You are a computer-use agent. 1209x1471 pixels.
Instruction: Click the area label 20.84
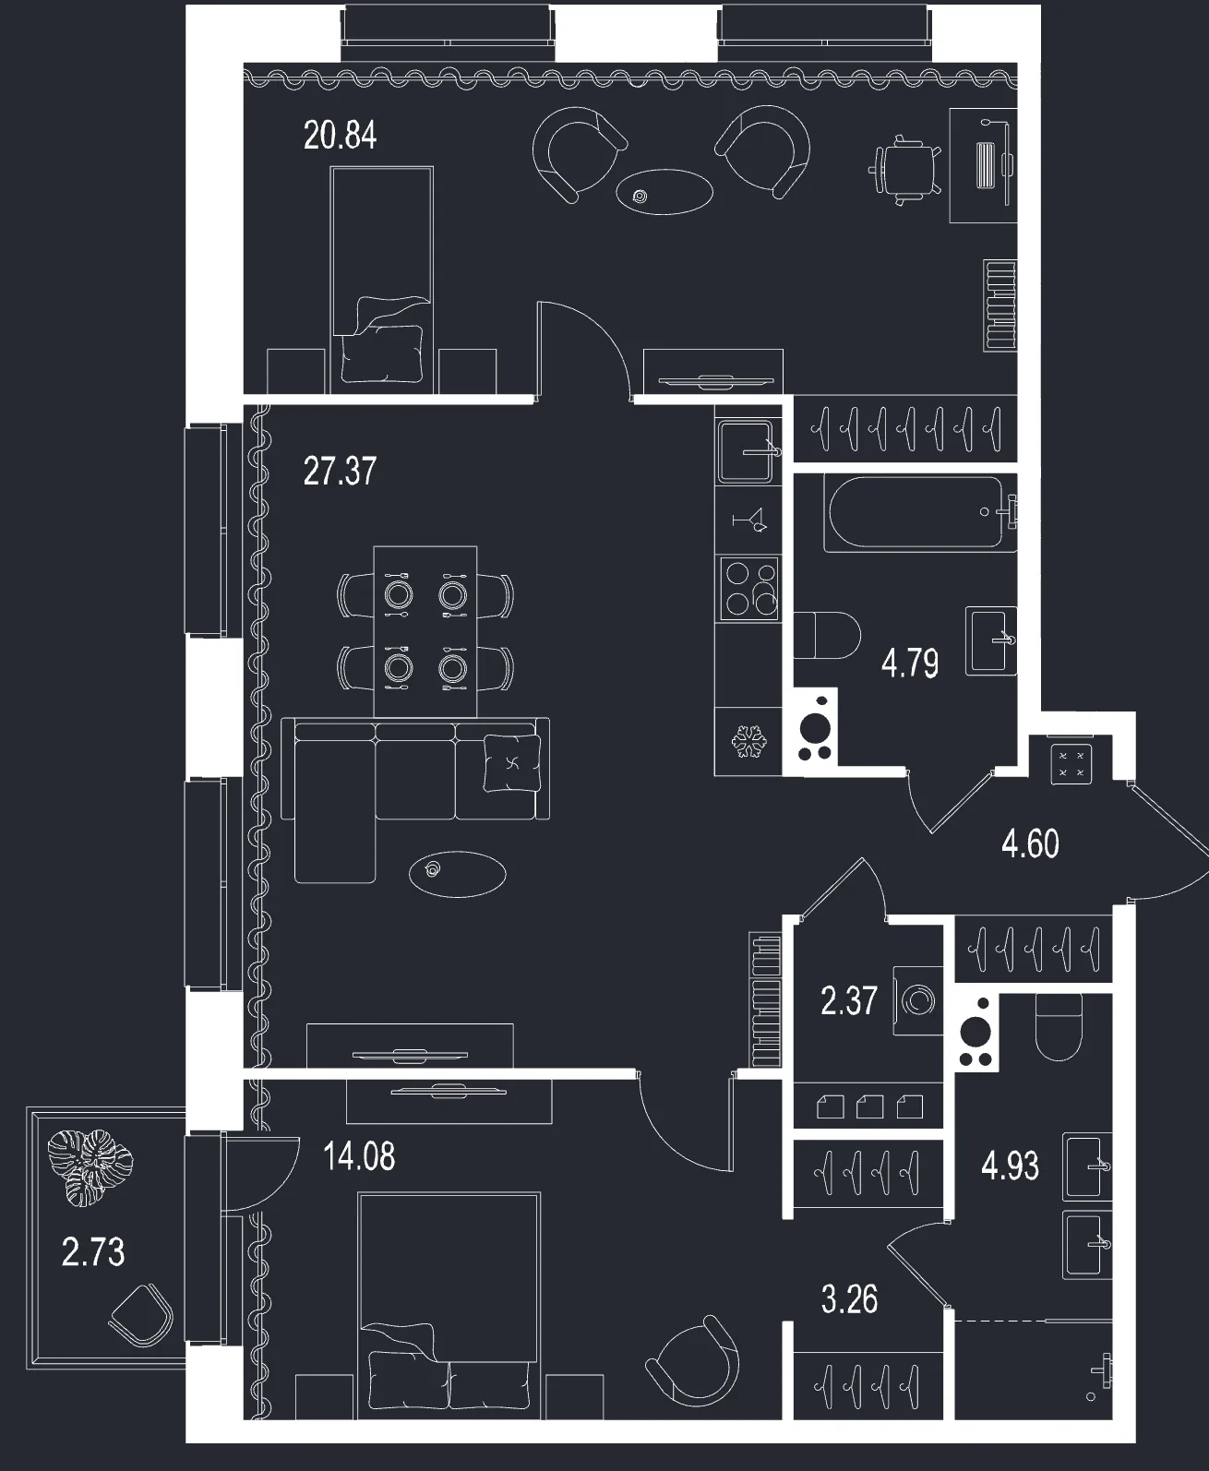(x=340, y=136)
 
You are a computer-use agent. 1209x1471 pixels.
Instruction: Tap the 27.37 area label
(x=340, y=471)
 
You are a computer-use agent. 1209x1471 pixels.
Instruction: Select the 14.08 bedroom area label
(x=359, y=1155)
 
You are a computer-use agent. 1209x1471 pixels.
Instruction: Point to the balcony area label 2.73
(x=93, y=1251)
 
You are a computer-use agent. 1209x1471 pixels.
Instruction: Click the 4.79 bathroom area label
(x=910, y=664)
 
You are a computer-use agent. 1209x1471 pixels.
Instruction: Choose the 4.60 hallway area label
(x=1030, y=843)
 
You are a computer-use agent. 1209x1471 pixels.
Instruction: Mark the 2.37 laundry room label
(x=848, y=1001)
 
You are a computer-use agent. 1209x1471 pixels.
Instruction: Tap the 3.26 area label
(x=849, y=1299)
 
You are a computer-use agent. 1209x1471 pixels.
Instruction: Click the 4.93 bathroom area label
(x=1010, y=1166)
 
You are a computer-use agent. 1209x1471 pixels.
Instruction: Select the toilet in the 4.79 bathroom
(x=828, y=635)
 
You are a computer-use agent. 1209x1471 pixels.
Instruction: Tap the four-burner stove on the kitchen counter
(x=750, y=590)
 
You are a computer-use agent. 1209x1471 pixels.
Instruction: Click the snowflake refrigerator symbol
(x=748, y=741)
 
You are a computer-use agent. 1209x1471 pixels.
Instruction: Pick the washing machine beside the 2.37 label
(x=917, y=1001)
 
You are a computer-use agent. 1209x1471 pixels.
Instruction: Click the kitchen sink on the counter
(x=748, y=451)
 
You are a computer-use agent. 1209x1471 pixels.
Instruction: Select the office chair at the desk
(x=905, y=170)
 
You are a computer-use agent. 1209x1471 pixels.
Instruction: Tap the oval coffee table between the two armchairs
(x=664, y=192)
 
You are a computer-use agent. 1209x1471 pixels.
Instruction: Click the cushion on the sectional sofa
(x=512, y=763)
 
